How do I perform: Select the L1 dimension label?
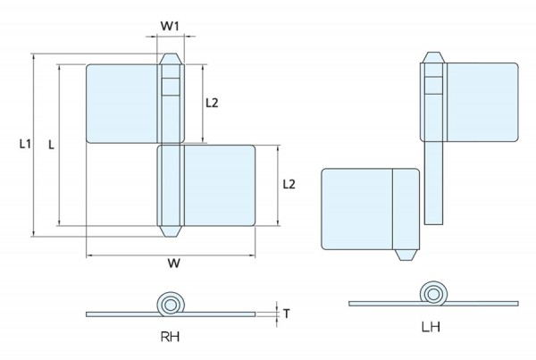pos(25,143)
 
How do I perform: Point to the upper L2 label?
pos(213,103)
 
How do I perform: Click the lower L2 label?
pos(289,184)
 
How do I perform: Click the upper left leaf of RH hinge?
pos(123,103)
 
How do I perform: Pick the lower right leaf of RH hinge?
pos(220,186)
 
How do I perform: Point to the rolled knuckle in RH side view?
pos(167,304)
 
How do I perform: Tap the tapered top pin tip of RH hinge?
pos(170,60)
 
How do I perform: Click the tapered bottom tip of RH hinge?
pos(170,232)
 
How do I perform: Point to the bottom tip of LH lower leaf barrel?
pos(407,256)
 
